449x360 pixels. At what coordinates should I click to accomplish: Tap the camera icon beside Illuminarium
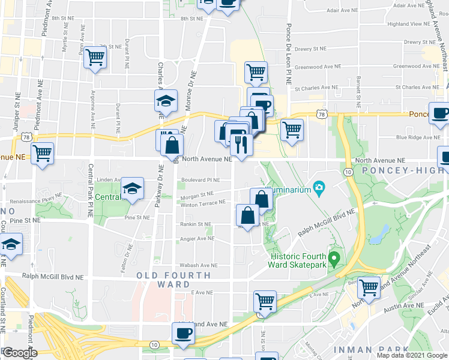[x=319, y=190]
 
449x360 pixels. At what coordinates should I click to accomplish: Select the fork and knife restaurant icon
[x=241, y=145]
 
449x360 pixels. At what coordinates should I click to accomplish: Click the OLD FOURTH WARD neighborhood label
[x=173, y=280]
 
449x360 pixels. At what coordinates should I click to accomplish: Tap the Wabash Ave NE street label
[x=200, y=265]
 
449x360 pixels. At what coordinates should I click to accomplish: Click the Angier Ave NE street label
[x=197, y=238]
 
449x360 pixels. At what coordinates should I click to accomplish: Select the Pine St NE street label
[x=137, y=218]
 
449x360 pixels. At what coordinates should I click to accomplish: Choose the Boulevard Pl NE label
[x=201, y=179]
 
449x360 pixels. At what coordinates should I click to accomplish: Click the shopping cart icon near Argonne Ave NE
[x=95, y=58]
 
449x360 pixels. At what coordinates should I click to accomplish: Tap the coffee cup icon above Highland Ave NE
[x=184, y=333]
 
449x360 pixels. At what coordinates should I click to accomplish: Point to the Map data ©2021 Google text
[x=412, y=355]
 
